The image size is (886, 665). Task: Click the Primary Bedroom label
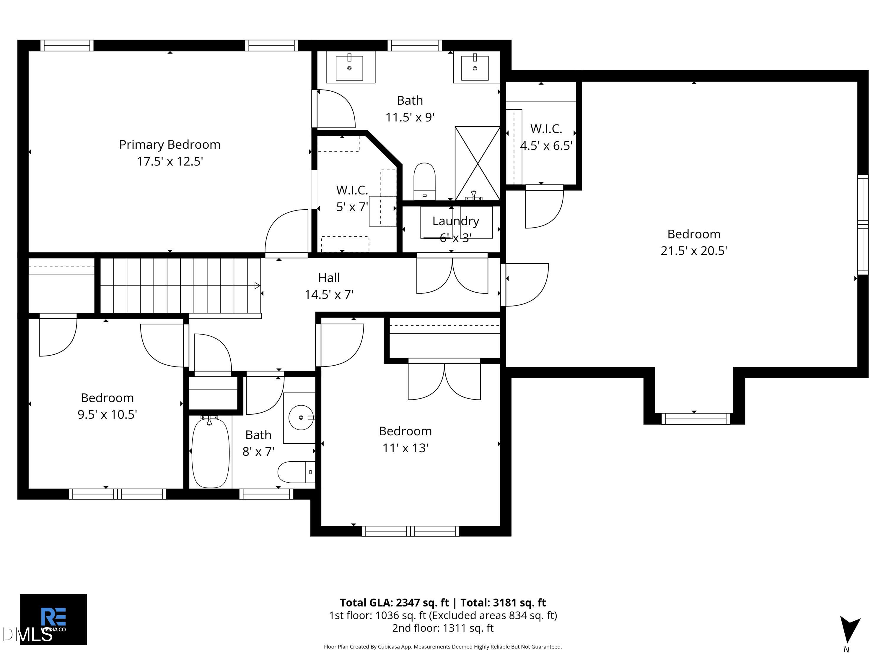click(170, 144)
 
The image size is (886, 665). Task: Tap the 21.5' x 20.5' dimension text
click(694, 251)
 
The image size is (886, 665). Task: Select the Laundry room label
click(456, 221)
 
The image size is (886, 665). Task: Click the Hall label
click(329, 278)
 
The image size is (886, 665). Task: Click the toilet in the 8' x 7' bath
click(297, 472)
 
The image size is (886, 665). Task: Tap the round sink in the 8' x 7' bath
click(301, 418)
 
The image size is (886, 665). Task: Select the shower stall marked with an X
click(478, 163)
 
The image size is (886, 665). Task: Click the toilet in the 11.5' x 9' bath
click(424, 181)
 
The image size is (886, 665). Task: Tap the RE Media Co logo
click(53, 619)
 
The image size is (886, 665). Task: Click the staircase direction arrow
click(258, 286)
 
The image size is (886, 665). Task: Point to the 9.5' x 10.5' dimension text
click(107, 414)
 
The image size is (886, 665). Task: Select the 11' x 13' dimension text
click(405, 448)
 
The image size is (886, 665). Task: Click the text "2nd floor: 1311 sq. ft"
click(443, 628)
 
